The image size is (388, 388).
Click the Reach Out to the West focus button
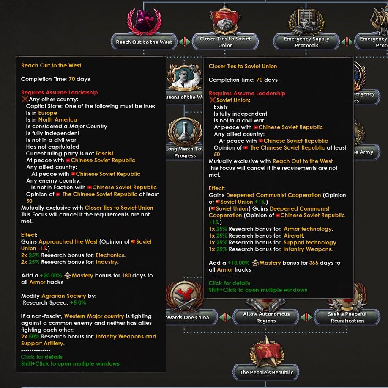pyautogui.click(x=144, y=42)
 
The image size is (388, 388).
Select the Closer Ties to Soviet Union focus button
pyautogui.click(x=225, y=42)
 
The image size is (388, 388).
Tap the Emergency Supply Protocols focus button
pyautogui.click(x=306, y=42)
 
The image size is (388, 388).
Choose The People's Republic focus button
pyautogui.click(x=266, y=372)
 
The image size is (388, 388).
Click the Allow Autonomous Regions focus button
pyautogui.click(x=266, y=317)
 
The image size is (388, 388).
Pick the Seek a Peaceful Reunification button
pyautogui.click(x=347, y=317)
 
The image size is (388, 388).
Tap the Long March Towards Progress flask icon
pyautogui.click(x=185, y=131)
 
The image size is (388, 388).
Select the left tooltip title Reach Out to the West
pyautogui.click(x=51, y=66)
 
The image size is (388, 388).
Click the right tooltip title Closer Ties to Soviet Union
pyautogui.click(x=243, y=67)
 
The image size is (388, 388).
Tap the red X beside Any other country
pyautogui.click(x=24, y=100)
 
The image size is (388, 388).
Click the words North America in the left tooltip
pyautogui.click(x=57, y=120)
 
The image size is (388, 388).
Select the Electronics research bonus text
pyautogui.click(x=110, y=255)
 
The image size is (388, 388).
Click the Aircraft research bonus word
pyautogui.click(x=293, y=236)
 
